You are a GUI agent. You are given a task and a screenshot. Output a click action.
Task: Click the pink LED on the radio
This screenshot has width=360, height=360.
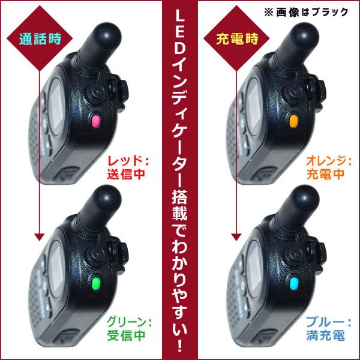tap(96, 121)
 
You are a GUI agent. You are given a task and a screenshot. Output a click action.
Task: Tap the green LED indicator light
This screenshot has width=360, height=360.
tap(96, 283)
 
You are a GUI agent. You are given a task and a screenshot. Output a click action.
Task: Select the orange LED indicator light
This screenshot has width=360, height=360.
tap(294, 121)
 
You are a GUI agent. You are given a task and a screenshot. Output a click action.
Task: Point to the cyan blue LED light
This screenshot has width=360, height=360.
tap(294, 283)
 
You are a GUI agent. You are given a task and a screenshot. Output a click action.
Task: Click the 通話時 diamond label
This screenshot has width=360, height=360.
tap(40, 38)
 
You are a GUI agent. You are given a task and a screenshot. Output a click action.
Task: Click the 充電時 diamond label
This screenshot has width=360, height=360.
tap(236, 38)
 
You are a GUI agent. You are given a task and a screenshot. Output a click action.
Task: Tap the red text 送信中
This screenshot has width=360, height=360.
tap(126, 174)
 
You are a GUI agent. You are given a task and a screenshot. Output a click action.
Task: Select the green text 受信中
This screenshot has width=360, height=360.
tap(126, 335)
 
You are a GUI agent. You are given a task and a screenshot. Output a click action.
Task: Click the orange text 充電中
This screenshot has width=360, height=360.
tap(326, 174)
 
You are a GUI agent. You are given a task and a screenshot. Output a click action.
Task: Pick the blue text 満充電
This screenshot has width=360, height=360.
tap(326, 335)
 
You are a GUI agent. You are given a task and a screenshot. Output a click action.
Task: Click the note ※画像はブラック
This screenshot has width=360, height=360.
tap(306, 12)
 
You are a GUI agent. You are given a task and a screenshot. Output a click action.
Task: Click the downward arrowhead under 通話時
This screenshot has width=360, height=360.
tap(39, 238)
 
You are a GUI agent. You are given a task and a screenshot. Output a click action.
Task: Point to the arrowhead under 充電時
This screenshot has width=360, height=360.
tap(236, 238)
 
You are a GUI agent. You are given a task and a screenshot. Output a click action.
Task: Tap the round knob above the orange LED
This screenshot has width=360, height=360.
tap(293, 94)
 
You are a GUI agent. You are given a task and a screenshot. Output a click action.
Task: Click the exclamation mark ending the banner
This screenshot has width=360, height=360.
tap(180, 345)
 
